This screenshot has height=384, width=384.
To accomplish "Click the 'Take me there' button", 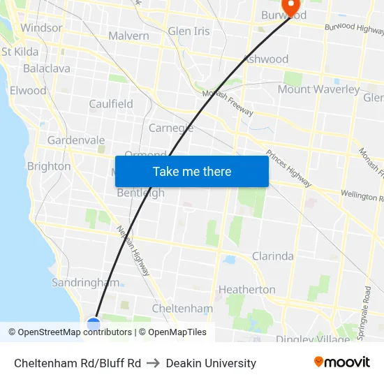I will point(192,171).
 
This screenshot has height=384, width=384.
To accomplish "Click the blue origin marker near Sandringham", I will point(94,323).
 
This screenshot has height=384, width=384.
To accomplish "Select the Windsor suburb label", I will point(41,28).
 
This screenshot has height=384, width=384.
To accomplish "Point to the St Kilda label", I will point(20,52).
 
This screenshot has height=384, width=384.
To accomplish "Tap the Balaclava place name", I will point(47,68).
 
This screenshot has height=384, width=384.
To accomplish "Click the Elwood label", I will point(28,91).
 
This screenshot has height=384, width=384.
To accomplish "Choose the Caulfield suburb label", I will point(111,104).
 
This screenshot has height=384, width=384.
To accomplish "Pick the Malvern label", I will point(128,36).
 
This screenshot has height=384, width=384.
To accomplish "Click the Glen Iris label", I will point(189,31).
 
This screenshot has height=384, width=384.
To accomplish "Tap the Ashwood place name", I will point(266,59).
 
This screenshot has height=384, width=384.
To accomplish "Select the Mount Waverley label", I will point(318,89).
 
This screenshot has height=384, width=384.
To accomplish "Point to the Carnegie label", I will point(171,128).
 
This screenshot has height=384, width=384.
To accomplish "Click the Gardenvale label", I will point(76,140).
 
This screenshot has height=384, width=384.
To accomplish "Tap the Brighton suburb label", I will point(49,166).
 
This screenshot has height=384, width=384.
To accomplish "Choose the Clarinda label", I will point(272,256).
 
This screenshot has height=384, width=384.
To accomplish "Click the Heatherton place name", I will point(247,289).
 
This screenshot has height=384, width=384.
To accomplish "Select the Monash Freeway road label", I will point(228,103).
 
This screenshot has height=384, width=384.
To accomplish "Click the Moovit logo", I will point(341,362).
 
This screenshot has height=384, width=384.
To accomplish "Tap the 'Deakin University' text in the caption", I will point(211,363).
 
